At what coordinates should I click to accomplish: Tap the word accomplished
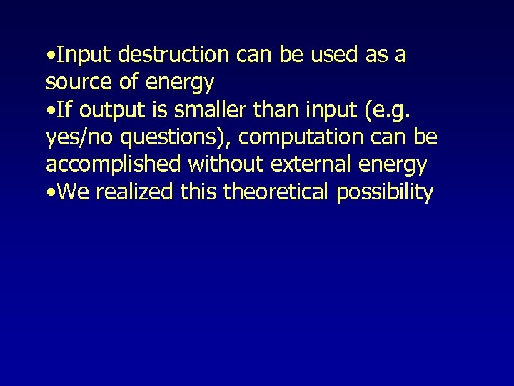[114, 165]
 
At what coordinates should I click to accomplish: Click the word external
[314, 164]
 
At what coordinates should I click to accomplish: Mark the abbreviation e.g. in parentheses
[395, 111]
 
